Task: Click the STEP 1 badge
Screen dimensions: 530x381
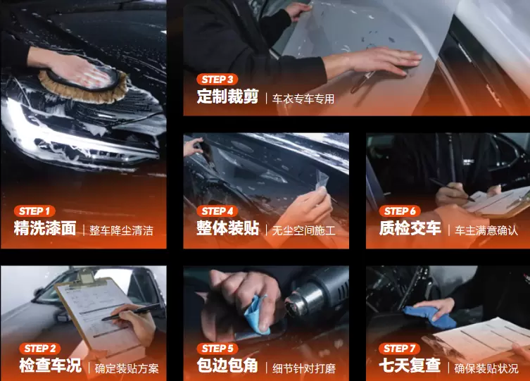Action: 34,211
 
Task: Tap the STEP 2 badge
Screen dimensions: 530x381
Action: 40,349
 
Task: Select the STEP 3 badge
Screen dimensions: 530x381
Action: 217,80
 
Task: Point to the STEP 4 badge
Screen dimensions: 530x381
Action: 217,211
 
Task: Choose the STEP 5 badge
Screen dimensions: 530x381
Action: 217,349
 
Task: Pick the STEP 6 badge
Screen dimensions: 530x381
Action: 400,211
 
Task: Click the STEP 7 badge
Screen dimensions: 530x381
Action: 400,349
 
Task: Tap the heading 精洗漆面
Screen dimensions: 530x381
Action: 45,228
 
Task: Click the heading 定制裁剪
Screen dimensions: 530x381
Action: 228,96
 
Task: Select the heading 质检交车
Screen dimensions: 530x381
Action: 410,228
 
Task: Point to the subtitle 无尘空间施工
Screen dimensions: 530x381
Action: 303,230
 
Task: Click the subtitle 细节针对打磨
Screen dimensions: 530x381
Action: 303,368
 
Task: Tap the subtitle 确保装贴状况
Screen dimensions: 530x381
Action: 486,368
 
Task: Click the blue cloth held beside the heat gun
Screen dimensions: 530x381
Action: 256,316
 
